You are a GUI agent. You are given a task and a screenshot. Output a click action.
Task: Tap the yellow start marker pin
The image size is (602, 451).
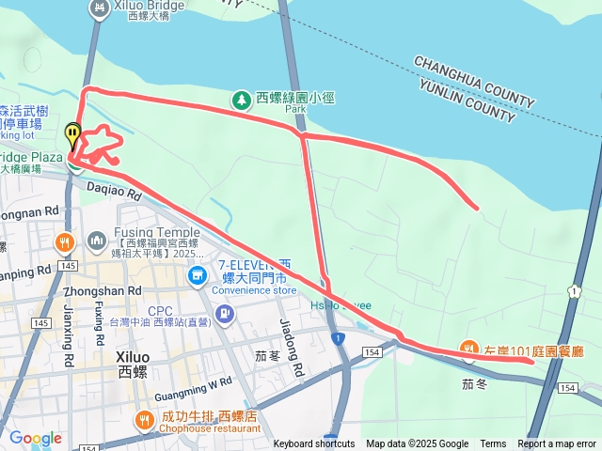pyautogui.click(x=72, y=135)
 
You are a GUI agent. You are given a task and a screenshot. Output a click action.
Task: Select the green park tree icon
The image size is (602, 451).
pyautogui.click(x=241, y=98)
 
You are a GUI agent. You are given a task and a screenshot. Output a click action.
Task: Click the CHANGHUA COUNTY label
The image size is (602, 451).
pyautogui.click(x=473, y=81)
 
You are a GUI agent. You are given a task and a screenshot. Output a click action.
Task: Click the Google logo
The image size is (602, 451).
pyautogui.click(x=35, y=438)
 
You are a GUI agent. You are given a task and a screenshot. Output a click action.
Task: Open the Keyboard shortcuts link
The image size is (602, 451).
pyautogui.click(x=314, y=444)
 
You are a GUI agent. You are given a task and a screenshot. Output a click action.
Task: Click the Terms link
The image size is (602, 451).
pyautogui.click(x=493, y=444)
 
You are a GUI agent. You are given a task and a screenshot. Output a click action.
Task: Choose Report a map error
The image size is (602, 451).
pyautogui.click(x=558, y=444)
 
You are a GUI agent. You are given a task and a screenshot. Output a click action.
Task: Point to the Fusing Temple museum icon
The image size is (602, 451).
pyautogui.click(x=97, y=242)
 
